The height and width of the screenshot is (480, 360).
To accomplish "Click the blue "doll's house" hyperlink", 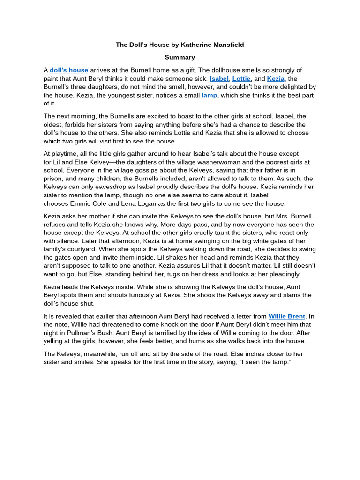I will [x=69, y=70].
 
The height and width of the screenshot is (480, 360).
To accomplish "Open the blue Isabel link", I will [x=219, y=79].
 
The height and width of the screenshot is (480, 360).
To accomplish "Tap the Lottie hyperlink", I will [x=241, y=79].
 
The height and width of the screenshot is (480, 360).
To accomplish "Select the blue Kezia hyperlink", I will [x=276, y=79].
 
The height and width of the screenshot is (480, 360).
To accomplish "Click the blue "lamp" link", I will [x=210, y=95].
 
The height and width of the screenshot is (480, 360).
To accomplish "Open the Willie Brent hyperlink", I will [x=287, y=316].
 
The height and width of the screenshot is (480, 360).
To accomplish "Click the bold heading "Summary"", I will [x=180, y=57].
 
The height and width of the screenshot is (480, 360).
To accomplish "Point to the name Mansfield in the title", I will [x=228, y=45].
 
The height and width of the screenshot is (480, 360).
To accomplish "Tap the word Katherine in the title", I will [x=194, y=45].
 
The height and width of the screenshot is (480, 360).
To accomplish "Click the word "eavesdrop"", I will [x=109, y=187].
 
